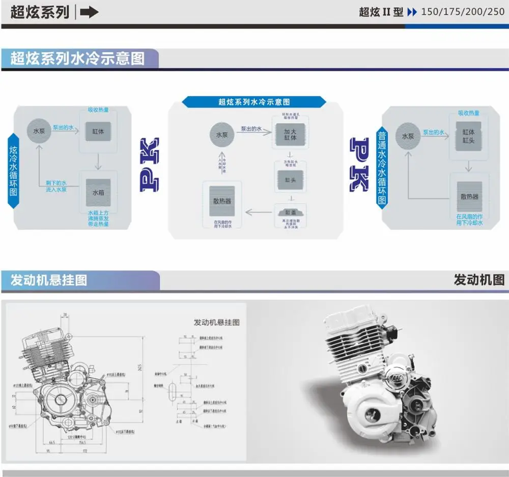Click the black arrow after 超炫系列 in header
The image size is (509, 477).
tap(89, 12)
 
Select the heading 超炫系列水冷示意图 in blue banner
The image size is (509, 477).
tap(77, 59)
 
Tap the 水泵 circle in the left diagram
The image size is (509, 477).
tap(39, 130)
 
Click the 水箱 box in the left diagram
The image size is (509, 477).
tap(98, 193)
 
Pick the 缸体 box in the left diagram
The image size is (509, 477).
tap(98, 131)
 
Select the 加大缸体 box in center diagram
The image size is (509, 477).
tap(290, 135)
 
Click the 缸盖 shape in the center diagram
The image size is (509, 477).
tap(290, 212)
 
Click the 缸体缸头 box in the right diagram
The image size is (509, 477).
tap(468, 136)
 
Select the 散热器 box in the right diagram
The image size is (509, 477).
tap(469, 197)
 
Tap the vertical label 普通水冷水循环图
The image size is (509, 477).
tap(382, 168)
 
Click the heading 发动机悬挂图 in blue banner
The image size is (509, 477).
tap(49, 280)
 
